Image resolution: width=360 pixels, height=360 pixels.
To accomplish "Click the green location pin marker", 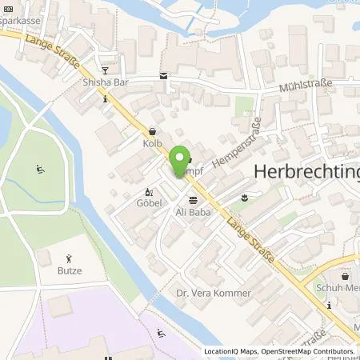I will pos(182,158).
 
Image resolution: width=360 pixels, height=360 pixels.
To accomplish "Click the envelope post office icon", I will pos(164,76).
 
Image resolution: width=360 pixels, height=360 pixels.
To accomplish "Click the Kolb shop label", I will pos(153,143).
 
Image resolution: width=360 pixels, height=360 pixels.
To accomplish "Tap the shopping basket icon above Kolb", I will pos(153,131).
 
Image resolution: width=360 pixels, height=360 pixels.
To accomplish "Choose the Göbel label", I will pos(148,204).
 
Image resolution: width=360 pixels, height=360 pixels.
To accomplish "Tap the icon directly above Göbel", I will pos(147,192).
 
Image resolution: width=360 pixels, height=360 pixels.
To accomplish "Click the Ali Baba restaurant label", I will pos(192,212).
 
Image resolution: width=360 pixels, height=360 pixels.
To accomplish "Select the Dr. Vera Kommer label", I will pos(214,294).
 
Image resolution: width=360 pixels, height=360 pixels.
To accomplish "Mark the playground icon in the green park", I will pos(41,169).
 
